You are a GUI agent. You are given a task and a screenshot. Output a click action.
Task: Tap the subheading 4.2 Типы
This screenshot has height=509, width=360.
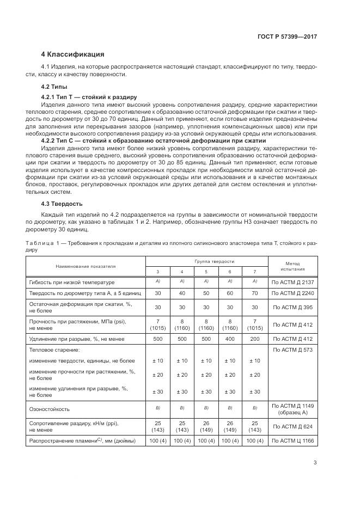point(54,87)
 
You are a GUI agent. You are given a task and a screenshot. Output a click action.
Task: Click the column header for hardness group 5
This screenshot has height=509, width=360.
point(206,271)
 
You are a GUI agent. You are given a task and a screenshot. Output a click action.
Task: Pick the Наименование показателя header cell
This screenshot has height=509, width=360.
point(85,266)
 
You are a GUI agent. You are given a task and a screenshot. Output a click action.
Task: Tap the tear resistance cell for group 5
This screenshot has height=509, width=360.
point(206,426)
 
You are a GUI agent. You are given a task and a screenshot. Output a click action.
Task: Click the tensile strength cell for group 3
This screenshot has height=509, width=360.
point(158,324)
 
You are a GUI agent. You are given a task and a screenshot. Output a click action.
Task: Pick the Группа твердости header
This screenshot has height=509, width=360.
point(206,261)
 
